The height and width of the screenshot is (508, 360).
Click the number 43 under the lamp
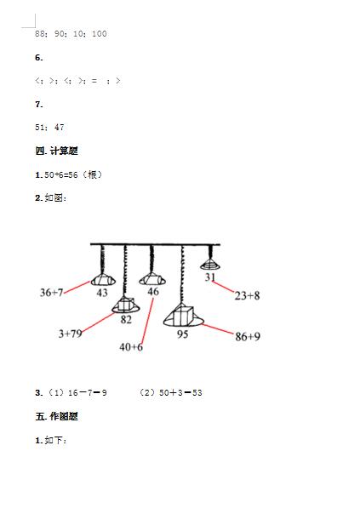point(102,293)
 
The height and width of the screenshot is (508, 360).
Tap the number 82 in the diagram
point(126,320)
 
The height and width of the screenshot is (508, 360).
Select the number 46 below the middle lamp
point(153,292)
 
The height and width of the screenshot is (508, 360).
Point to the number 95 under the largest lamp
point(183,334)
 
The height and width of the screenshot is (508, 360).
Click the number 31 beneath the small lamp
point(210,277)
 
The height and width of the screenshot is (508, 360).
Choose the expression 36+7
point(51,293)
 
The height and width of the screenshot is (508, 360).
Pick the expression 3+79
point(70,334)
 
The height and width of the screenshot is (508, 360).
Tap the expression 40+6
point(131,347)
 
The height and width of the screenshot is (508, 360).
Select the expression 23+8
point(247,295)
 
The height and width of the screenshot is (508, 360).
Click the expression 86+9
point(248,337)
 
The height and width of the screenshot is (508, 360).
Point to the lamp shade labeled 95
point(183,316)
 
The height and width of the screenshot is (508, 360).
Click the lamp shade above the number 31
point(210,265)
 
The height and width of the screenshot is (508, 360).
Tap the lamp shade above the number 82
point(126,305)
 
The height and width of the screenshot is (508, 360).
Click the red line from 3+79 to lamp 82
point(98,322)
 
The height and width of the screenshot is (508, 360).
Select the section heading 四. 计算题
point(57,151)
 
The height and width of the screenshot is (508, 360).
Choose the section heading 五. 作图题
point(57,416)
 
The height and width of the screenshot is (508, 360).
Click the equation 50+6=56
point(61,175)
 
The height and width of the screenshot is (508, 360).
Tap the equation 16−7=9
point(88,393)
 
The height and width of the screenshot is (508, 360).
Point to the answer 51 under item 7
point(40,128)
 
